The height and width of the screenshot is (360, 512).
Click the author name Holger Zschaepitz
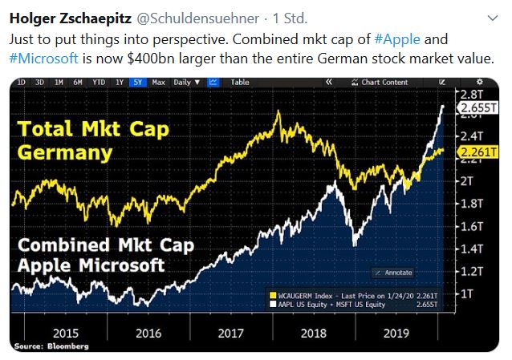tap(62, 17)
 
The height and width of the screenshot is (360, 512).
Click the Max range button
tap(158, 82)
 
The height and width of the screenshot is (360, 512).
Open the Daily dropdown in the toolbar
tap(185, 82)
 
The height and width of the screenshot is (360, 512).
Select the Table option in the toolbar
tap(240, 82)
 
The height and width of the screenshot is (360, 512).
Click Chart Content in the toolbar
tap(384, 82)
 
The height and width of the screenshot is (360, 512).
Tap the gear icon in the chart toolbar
tap(480, 82)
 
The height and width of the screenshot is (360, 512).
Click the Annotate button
tap(394, 272)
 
